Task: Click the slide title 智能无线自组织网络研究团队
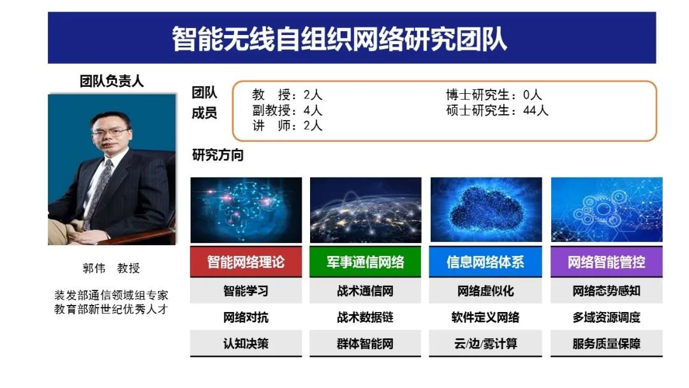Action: (x=339, y=39)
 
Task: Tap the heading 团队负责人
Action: (x=112, y=81)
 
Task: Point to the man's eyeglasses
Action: (x=110, y=132)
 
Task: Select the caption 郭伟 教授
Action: (x=111, y=268)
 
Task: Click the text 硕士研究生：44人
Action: (x=497, y=110)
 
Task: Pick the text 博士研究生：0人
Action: (x=494, y=94)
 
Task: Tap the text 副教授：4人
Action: (x=287, y=110)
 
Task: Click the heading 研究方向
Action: (x=218, y=154)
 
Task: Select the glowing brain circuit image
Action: (x=246, y=210)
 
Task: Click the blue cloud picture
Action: (x=486, y=209)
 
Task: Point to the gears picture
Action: (x=607, y=209)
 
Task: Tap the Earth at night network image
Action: (x=366, y=210)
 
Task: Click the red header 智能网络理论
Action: (x=246, y=262)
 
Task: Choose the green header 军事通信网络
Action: (x=365, y=262)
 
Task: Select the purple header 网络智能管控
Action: (x=607, y=262)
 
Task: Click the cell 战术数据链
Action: (x=365, y=317)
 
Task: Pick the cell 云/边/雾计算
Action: (x=485, y=343)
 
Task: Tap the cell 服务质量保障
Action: (x=607, y=343)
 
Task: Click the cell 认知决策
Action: (x=246, y=343)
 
